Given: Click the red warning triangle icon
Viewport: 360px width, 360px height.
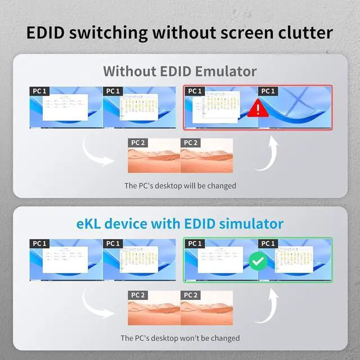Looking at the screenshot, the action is pyautogui.click(x=257, y=108).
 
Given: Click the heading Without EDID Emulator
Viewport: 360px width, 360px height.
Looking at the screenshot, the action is pyautogui.click(x=180, y=71).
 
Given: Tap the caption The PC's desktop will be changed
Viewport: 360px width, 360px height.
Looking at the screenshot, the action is pyautogui.click(x=180, y=185).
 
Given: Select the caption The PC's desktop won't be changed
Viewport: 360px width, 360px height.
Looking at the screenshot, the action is pyautogui.click(x=180, y=338).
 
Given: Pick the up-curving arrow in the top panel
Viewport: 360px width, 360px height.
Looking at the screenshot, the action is pyautogui.click(x=269, y=151).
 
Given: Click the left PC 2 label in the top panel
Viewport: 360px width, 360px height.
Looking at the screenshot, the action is pyautogui.click(x=138, y=143).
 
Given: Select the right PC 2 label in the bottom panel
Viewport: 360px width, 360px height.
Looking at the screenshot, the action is pyautogui.click(x=190, y=295).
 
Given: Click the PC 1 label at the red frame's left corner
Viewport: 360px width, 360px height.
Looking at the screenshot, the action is pyautogui.click(x=195, y=91).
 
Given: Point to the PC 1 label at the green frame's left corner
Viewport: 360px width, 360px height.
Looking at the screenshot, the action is pyautogui.click(x=195, y=244).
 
